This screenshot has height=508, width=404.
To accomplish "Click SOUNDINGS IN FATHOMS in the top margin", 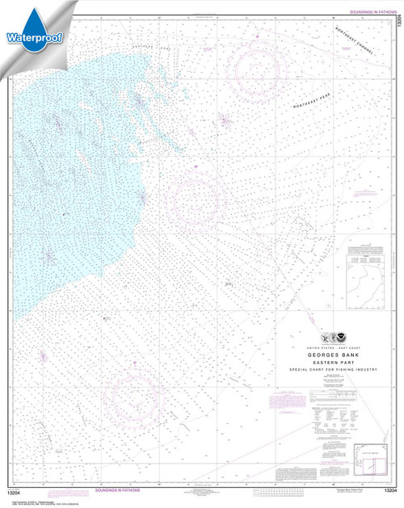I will click(x=368, y=13).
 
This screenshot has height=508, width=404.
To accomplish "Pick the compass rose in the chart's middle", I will click(x=196, y=198).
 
